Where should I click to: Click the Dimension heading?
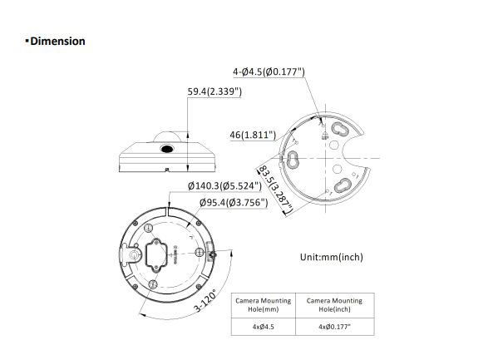57,41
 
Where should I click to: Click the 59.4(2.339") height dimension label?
214,91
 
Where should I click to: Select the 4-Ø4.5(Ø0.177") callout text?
269,72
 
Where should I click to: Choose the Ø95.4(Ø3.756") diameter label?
232,203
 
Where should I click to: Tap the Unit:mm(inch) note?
331,257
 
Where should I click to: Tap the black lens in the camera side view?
166,150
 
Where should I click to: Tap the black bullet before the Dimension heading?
27,41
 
